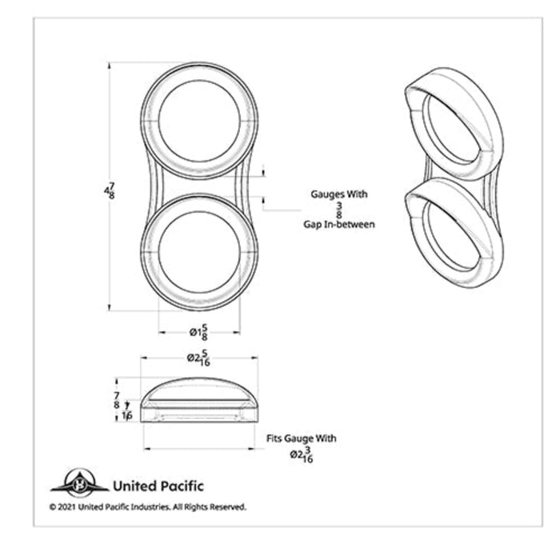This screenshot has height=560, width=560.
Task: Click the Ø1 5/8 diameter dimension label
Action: point(199,331)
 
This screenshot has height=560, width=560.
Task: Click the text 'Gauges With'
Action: point(338,194)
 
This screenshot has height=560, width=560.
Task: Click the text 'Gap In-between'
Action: point(338,225)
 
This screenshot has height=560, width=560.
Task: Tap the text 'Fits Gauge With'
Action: point(301,438)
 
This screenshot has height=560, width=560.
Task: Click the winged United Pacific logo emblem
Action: point(79,484)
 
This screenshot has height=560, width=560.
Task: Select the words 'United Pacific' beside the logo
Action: point(158,486)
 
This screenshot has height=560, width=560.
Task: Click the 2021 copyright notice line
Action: point(147,506)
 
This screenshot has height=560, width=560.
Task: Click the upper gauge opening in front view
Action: point(199,120)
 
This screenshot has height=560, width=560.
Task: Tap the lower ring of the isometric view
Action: point(453,236)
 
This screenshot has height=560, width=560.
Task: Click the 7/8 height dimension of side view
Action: point(118,400)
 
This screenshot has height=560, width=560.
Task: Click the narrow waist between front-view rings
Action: point(199,186)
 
